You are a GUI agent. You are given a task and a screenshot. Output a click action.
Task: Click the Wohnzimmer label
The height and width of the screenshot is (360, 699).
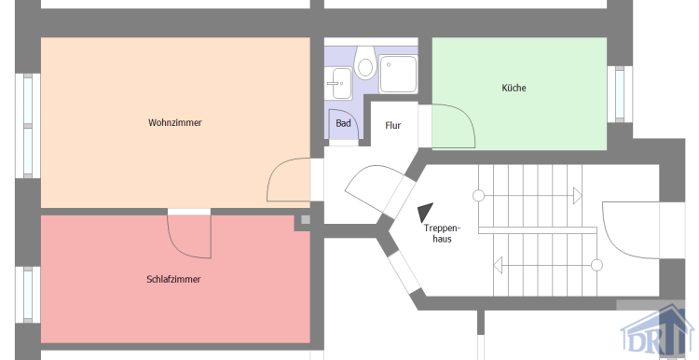pos(174,122)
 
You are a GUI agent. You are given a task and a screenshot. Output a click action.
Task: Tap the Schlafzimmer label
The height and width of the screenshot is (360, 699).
pos(173,279)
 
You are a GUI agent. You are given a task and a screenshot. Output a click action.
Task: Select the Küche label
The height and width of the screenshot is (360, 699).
pos(514,89)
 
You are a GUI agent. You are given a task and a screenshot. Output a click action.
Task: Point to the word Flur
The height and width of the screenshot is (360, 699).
pos(393,125)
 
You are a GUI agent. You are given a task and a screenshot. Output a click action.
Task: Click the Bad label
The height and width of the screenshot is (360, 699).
pos(343,123)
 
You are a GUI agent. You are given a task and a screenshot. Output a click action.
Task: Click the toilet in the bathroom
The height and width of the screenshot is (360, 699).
pos(365,64)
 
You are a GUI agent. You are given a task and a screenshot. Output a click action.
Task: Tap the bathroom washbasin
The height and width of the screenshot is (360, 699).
pos(337,78)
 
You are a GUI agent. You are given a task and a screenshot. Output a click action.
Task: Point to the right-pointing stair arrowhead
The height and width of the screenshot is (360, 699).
pos(576,196)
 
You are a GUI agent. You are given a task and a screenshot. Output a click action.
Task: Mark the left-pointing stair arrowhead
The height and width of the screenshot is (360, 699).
pos(498,265)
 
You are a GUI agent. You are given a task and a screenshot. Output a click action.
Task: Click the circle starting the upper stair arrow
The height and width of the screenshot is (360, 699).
pos(479,196)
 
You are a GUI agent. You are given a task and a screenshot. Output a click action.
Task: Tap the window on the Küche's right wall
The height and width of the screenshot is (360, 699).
pos(617,93)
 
